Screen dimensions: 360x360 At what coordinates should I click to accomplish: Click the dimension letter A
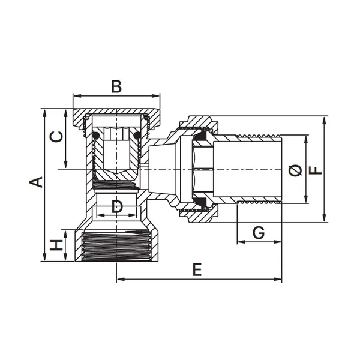[36, 182]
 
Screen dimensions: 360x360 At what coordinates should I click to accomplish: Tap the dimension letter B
[116, 86]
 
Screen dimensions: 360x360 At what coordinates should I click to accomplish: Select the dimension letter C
[56, 137]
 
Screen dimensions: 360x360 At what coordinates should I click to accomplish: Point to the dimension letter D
[117, 206]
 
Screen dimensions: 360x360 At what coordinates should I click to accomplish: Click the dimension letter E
[197, 269]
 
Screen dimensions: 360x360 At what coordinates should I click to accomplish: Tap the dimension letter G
[259, 232]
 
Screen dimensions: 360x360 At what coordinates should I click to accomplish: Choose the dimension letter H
[56, 245]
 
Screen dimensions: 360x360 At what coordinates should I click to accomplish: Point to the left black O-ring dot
[96, 136]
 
